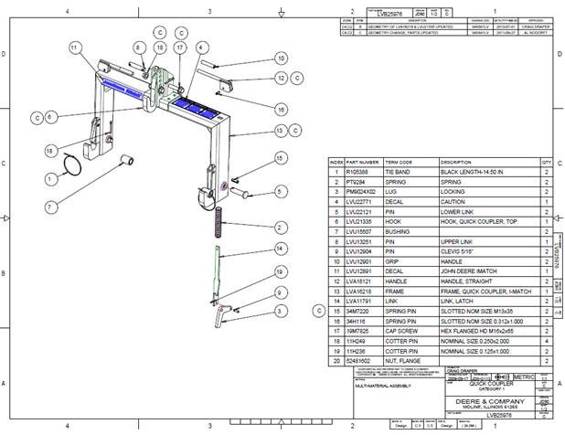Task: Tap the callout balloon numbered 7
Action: coord(50,207)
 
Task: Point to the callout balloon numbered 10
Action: coord(281,58)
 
